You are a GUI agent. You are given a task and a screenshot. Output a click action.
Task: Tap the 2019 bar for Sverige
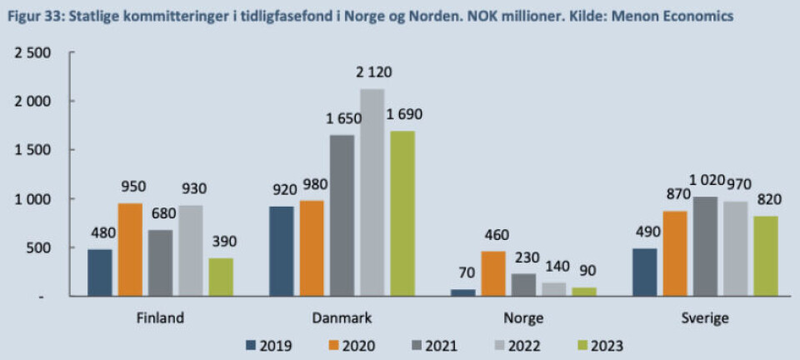point(645,272)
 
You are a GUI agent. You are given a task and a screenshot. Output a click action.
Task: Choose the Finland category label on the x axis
point(159,317)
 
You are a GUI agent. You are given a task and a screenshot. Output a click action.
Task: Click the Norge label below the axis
point(523,317)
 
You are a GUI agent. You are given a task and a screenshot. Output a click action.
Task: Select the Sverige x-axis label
point(705,317)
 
